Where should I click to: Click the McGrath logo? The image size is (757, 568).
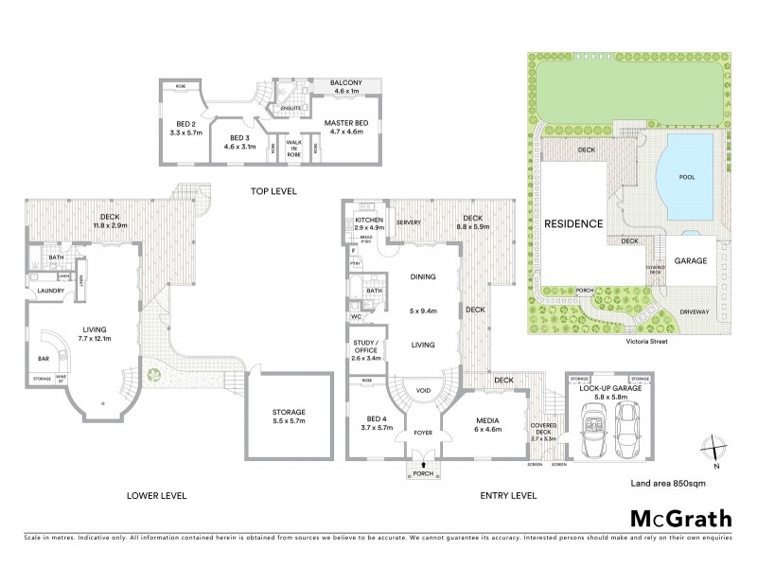(680, 518)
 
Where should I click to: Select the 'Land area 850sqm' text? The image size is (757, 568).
(667, 484)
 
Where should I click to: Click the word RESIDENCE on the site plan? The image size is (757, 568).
(572, 224)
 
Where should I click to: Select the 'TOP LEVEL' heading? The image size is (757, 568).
(273, 191)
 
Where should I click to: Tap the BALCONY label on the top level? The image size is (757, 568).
(345, 84)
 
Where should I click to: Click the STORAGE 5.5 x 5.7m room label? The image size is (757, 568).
(290, 413)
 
